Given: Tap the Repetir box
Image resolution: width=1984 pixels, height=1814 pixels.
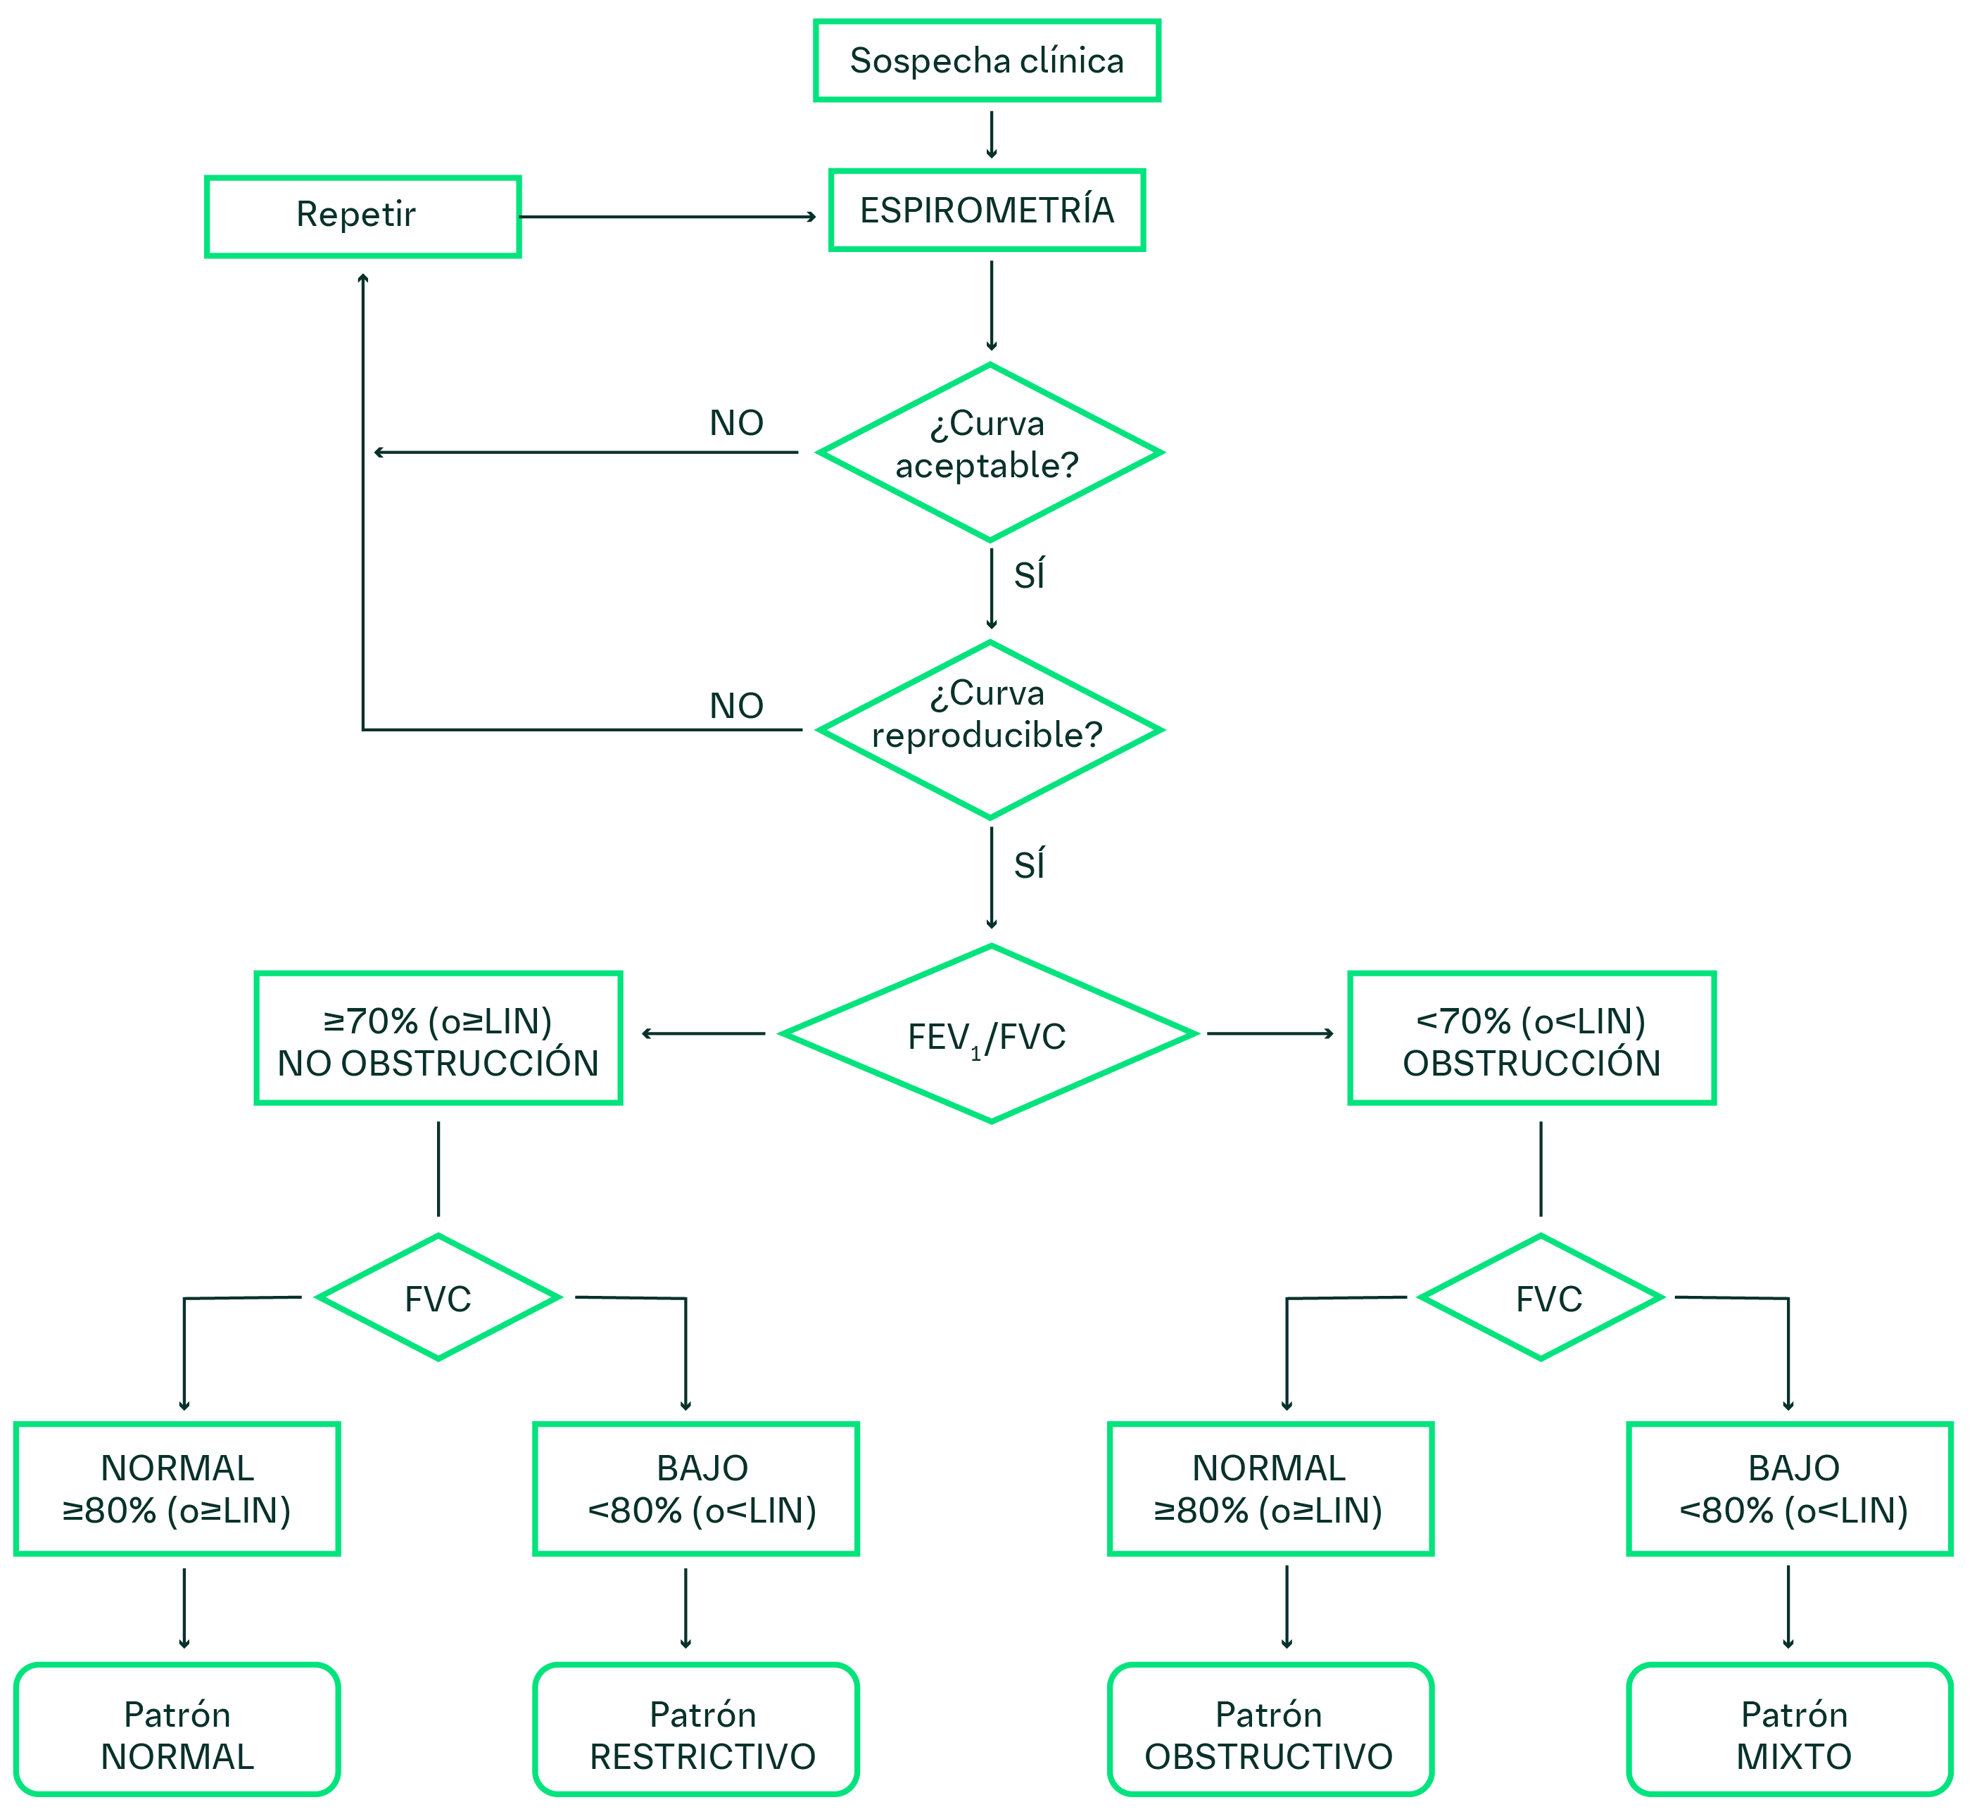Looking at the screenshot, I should click(362, 217).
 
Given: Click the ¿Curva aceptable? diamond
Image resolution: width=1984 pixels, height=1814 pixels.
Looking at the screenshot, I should click(990, 453).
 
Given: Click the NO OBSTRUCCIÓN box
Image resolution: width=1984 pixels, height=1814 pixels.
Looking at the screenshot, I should click(438, 1038).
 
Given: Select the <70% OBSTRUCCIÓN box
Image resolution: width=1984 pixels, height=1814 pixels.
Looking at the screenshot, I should click(1531, 1038).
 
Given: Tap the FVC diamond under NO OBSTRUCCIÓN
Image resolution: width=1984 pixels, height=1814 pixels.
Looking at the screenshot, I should click(438, 1297).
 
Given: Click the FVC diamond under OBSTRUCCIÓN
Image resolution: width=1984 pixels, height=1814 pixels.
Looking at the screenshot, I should click(1541, 1297).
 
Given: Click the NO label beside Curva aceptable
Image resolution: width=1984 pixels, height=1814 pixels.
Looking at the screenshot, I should click(736, 423).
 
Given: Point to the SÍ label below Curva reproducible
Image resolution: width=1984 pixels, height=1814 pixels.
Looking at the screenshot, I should click(1030, 865).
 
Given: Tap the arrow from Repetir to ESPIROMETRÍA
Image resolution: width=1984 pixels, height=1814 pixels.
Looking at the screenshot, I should click(669, 217).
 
